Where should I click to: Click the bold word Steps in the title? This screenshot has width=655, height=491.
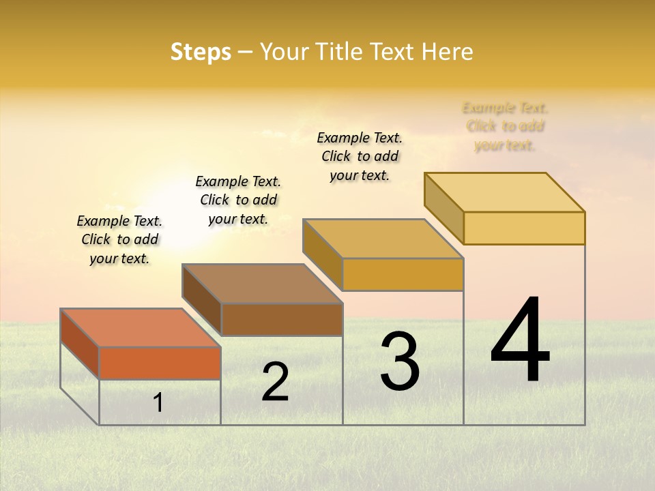pyautogui.click(x=201, y=52)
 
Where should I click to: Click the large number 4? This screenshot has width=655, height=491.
pyautogui.click(x=520, y=341)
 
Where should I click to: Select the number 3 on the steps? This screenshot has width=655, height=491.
pyautogui.click(x=400, y=361)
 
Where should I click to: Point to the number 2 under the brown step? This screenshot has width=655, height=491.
pyautogui.click(x=276, y=382)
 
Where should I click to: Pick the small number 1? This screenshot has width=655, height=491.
pyautogui.click(x=158, y=403)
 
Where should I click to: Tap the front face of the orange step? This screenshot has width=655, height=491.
pyautogui.click(x=160, y=363)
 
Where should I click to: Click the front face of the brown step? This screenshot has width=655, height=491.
pyautogui.click(x=281, y=319)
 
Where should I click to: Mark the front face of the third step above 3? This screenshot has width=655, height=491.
pyautogui.click(x=403, y=274)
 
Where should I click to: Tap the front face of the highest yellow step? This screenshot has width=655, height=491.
pyautogui.click(x=524, y=228)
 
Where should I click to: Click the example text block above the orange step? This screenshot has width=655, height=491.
pyautogui.click(x=119, y=239)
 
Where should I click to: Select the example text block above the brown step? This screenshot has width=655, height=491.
pyautogui.click(x=238, y=200)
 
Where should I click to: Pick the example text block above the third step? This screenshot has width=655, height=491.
pyautogui.click(x=360, y=156)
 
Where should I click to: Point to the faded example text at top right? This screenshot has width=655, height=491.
pyautogui.click(x=505, y=126)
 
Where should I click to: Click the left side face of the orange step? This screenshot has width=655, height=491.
pyautogui.click(x=80, y=344)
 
